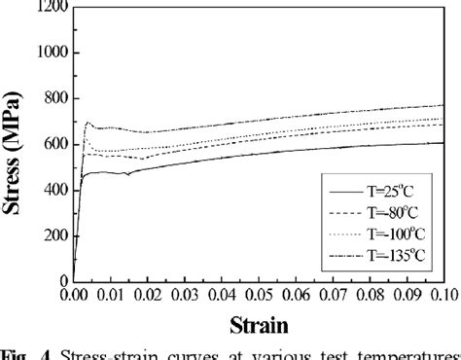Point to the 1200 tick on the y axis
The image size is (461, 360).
pos(53,7)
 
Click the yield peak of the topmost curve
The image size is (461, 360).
pos(89,123)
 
